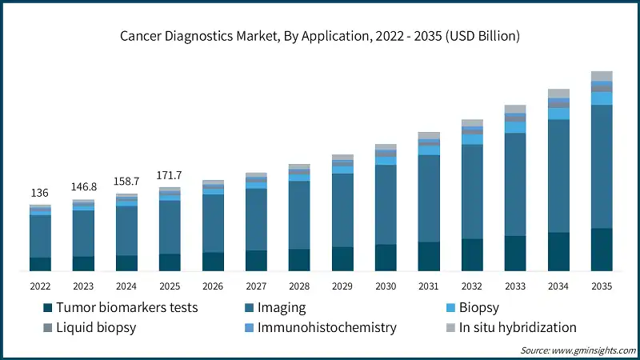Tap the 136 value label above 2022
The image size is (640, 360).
[40, 193]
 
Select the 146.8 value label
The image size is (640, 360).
[83, 186]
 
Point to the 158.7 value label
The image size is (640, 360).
[126, 181]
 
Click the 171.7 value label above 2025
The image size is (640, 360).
[170, 174]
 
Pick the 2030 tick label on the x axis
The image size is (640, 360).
[386, 286]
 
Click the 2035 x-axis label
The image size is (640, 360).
[602, 286]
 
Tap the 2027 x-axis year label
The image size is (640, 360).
[256, 286]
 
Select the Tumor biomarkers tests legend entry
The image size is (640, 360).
[120, 307]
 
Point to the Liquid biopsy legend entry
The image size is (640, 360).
[97, 327]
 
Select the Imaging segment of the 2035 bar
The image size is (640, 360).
[602, 166]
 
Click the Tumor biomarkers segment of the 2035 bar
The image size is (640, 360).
[602, 250]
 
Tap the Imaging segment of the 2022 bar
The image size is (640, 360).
[40, 236]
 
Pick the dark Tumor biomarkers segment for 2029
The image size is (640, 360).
[342, 258]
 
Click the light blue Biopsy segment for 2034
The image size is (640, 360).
[558, 114]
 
